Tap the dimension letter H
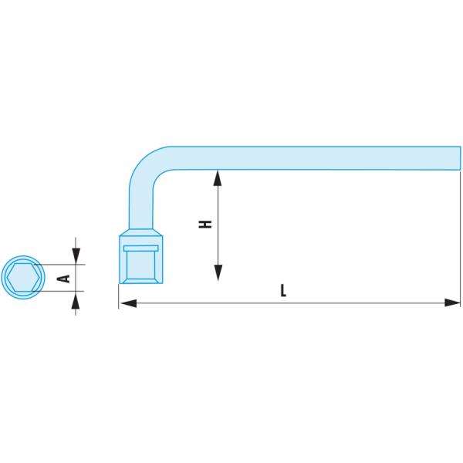205,225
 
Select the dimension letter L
283,291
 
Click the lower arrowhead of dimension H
218,272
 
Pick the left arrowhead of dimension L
128,303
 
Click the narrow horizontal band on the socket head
140,248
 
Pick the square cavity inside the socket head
140,266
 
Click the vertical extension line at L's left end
119,297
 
